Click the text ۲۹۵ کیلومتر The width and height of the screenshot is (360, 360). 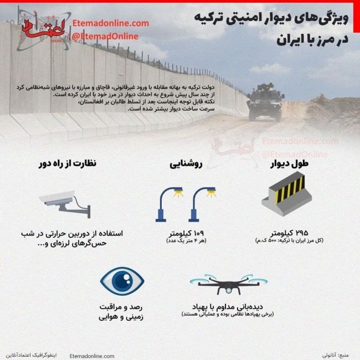[x=287, y=232]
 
